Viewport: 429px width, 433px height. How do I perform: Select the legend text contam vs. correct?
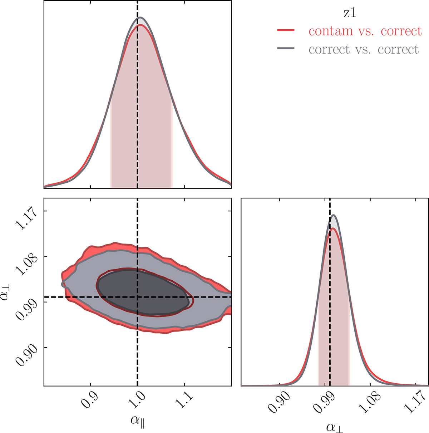click(365, 31)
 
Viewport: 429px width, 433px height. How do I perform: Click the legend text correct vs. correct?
click(363, 49)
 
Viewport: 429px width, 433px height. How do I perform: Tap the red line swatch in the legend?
click(286, 31)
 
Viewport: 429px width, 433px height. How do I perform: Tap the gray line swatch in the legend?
click(286, 48)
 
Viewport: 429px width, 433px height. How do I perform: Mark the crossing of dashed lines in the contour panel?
click(138, 297)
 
